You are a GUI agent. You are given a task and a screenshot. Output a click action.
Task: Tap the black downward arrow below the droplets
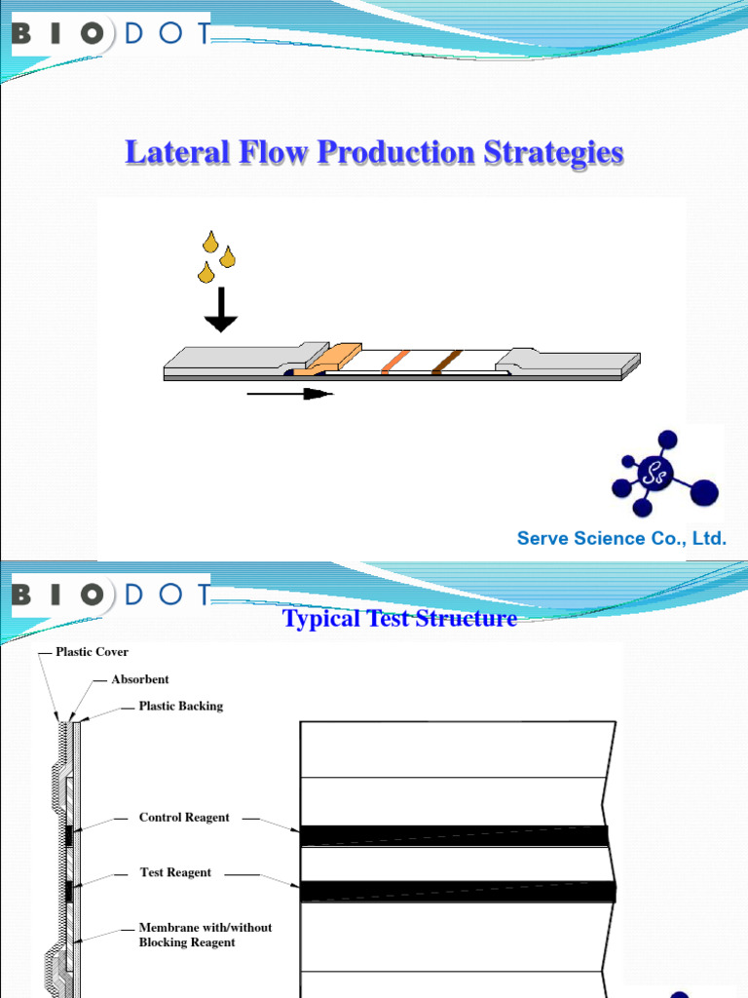pos(221,311)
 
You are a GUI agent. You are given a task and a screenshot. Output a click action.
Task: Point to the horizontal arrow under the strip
pos(289,394)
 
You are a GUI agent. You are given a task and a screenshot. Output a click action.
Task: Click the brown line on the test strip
pos(447,362)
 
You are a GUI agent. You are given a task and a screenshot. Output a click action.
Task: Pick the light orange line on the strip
pos(393,362)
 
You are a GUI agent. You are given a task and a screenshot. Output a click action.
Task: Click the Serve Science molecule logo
pos(666,475)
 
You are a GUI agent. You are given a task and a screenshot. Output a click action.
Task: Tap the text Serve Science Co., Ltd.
pos(622,538)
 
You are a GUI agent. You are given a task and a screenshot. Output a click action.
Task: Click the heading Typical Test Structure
pos(399,618)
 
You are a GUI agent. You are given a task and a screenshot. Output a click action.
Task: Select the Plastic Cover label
pos(92,651)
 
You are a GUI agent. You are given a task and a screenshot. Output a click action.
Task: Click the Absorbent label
pos(140,679)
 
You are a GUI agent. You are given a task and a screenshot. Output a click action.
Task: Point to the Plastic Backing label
pos(180,706)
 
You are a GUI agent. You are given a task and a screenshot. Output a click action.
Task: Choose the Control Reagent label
pos(184,818)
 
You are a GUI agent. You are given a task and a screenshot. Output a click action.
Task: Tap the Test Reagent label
pos(175,872)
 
